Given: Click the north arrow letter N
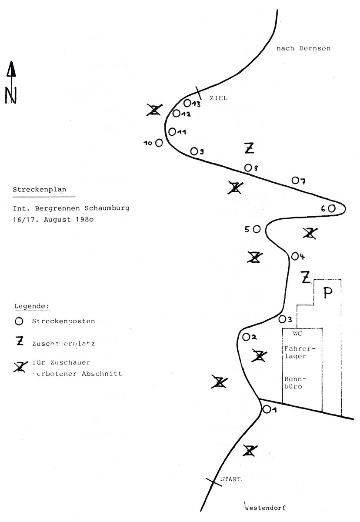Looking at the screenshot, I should [x=11, y=95].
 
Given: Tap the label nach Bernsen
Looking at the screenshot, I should [x=303, y=48].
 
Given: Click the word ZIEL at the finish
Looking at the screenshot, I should [x=218, y=98].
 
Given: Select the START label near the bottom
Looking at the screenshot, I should [x=230, y=479].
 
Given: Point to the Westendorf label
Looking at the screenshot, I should [x=265, y=507].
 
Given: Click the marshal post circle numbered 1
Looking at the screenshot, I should [x=267, y=409].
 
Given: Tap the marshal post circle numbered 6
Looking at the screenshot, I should [x=332, y=208].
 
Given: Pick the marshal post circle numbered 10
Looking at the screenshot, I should [x=159, y=142].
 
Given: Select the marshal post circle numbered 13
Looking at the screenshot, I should [x=187, y=103].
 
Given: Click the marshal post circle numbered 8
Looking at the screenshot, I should [x=248, y=167].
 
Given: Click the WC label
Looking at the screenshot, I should [x=297, y=334].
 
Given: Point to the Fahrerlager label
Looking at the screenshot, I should [x=295, y=352].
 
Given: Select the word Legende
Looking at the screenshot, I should [x=32, y=306].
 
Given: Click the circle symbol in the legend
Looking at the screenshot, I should [x=19, y=321].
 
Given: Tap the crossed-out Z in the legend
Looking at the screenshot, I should [x=20, y=367].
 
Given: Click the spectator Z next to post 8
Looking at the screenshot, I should [x=249, y=148].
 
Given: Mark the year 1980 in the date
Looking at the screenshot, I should [x=82, y=220].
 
